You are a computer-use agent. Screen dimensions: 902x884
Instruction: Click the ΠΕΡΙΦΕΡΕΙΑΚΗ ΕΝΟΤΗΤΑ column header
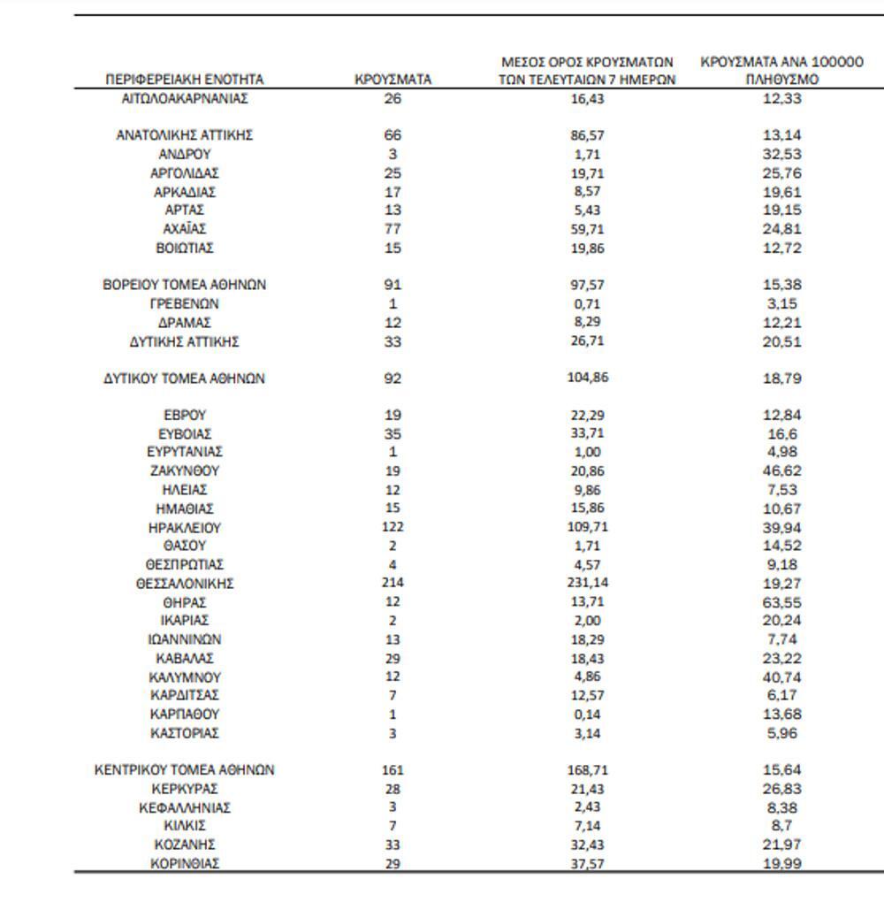click(x=185, y=80)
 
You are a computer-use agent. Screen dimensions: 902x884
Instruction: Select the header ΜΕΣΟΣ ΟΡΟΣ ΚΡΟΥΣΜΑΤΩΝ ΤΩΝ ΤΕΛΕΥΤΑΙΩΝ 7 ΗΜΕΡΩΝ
click(x=587, y=71)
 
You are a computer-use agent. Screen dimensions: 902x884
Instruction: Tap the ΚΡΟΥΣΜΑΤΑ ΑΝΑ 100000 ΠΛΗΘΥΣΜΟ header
click(x=781, y=71)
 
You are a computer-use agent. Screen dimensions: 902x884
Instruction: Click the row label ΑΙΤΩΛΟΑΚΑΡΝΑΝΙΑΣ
click(x=185, y=98)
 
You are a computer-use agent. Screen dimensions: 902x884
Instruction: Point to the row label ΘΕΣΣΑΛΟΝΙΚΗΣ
click(x=185, y=584)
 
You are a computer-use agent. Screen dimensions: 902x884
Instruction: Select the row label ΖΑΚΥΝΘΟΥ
click(x=185, y=471)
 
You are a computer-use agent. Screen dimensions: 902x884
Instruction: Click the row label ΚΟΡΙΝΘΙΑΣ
click(x=185, y=864)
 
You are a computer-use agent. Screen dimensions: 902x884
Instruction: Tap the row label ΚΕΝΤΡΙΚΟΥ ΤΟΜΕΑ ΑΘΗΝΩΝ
click(x=185, y=770)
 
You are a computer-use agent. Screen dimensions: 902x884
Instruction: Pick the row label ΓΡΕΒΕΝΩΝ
click(x=185, y=304)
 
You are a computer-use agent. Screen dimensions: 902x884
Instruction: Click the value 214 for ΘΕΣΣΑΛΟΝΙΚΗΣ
click(x=393, y=584)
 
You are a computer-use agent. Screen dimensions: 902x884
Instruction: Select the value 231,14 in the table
click(x=587, y=584)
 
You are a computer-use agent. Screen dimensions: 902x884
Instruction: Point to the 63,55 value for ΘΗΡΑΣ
click(x=781, y=602)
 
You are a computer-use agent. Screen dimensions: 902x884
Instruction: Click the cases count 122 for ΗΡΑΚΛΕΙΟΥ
click(x=393, y=527)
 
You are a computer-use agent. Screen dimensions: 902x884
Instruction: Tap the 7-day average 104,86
click(x=587, y=378)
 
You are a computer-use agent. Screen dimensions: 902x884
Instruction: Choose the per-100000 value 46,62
click(x=781, y=471)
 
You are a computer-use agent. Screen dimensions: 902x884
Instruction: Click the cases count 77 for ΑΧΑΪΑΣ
click(x=393, y=229)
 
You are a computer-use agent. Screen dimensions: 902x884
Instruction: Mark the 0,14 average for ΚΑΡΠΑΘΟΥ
click(x=587, y=714)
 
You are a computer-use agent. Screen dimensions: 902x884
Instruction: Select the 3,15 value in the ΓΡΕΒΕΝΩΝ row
click(x=781, y=304)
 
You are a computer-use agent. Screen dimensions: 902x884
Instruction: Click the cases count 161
click(x=393, y=770)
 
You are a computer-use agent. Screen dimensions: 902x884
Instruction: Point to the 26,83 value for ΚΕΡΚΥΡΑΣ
click(x=781, y=789)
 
